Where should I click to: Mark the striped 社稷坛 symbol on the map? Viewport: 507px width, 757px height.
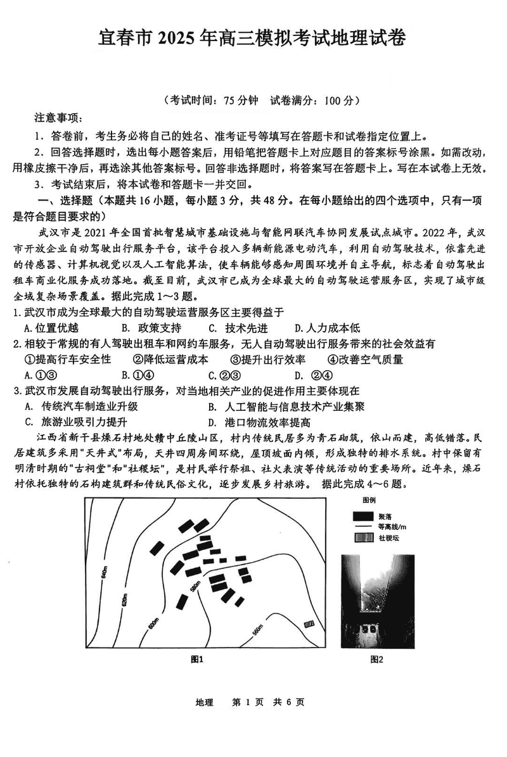[x=309, y=623]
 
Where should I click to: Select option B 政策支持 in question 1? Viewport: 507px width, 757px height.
[x=151, y=328]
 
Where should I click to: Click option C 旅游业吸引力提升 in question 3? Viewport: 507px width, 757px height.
[x=75, y=423]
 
